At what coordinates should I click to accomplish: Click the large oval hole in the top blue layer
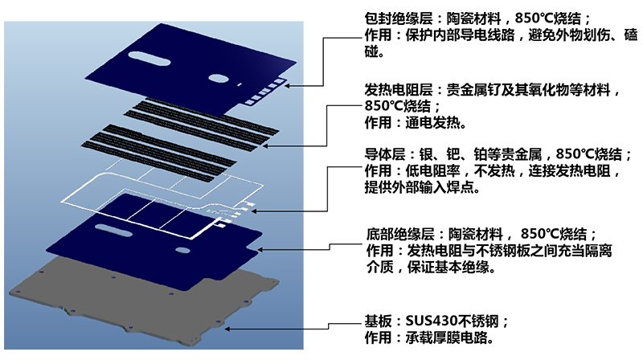[x=219, y=79]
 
